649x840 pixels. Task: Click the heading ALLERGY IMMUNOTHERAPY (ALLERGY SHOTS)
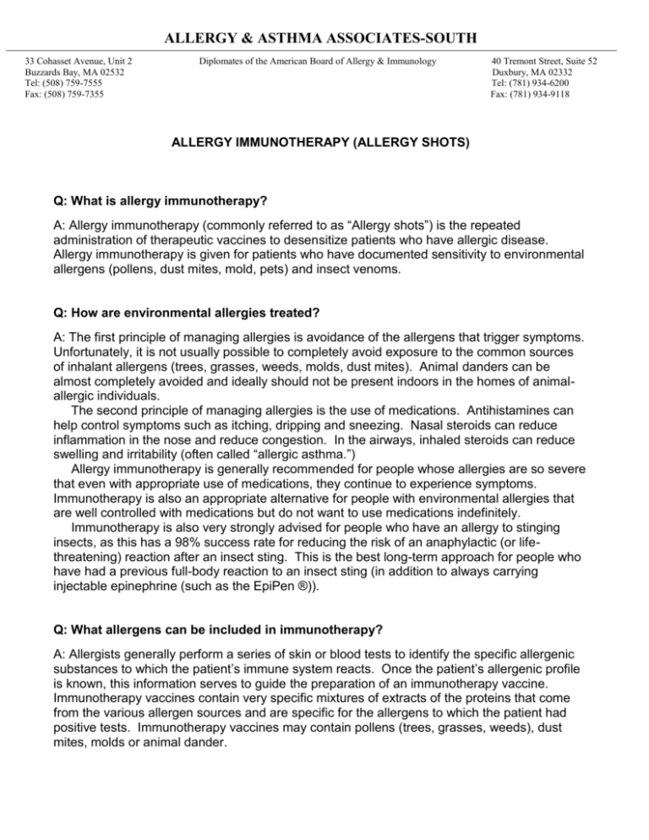click(324, 145)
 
